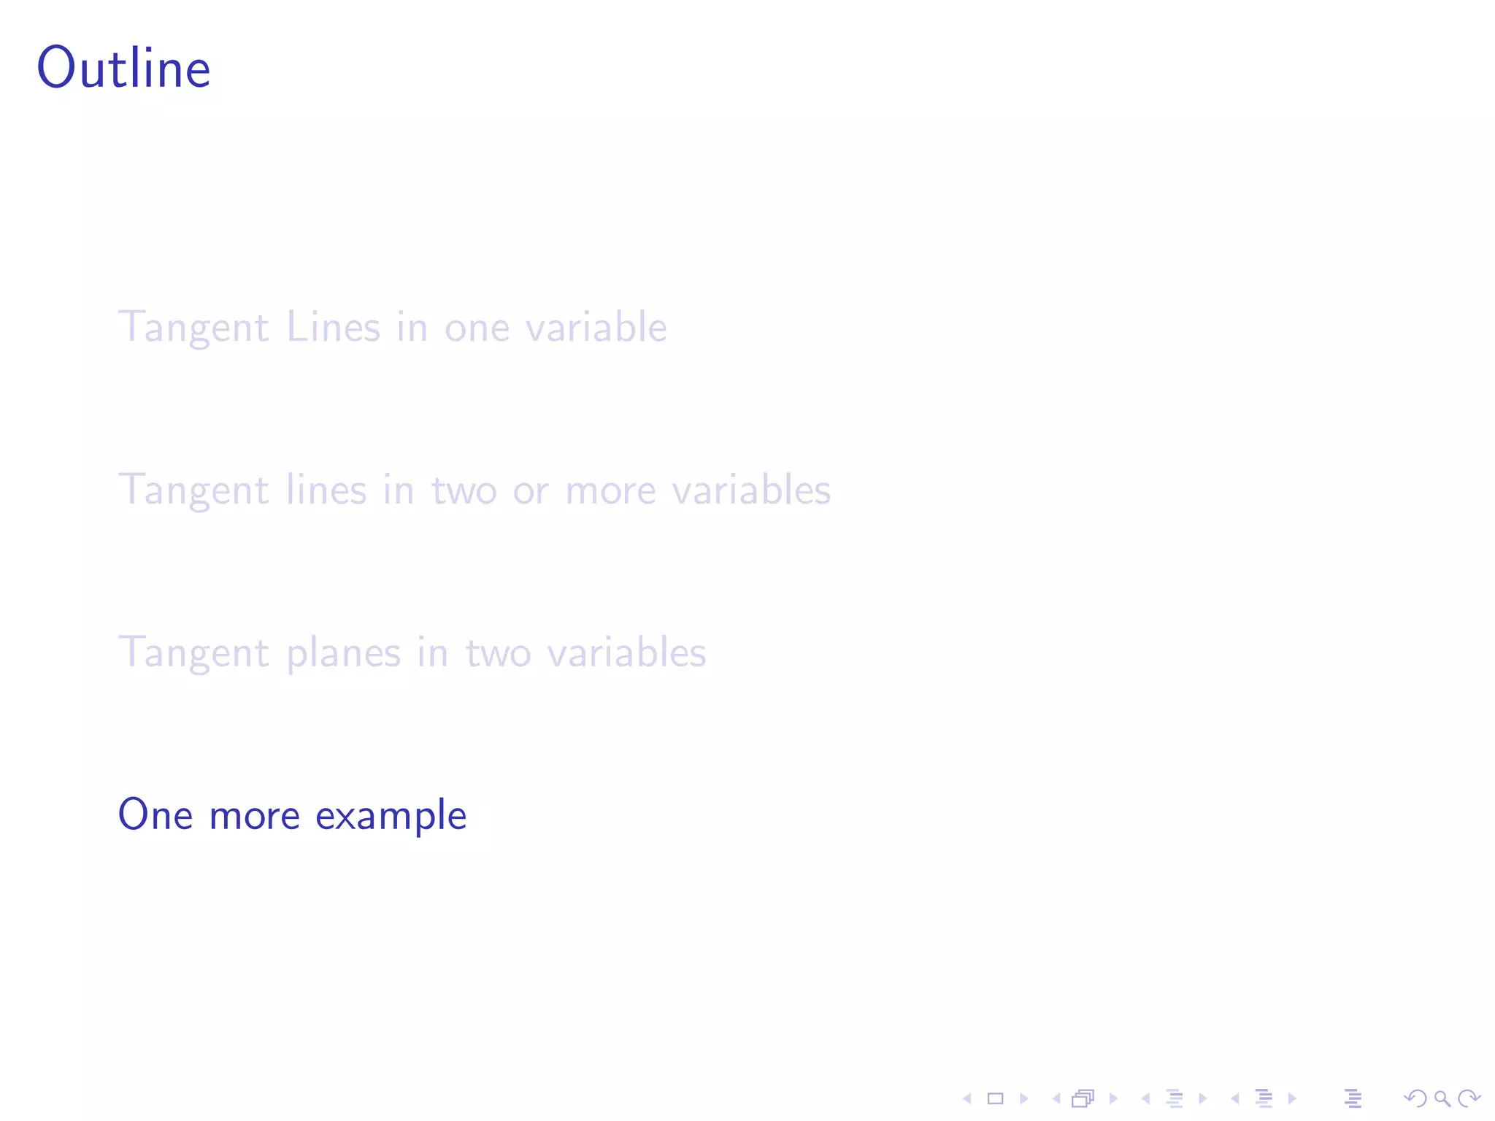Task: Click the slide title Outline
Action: (x=124, y=68)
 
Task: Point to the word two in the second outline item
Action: (x=464, y=490)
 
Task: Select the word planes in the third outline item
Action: (x=343, y=654)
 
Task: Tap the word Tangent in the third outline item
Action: (x=194, y=654)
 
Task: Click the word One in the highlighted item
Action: (x=155, y=814)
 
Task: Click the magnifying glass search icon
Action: (x=1442, y=1098)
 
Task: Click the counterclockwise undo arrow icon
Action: (x=1415, y=1098)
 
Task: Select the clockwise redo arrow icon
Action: (x=1469, y=1098)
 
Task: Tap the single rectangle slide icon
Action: (x=995, y=1098)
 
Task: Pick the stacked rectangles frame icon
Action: (x=1083, y=1098)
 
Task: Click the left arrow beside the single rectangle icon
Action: (x=967, y=1098)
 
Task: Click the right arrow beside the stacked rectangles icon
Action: (x=1113, y=1098)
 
